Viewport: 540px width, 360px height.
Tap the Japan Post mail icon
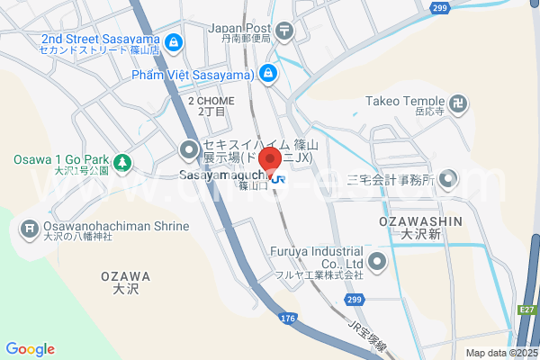(284, 31)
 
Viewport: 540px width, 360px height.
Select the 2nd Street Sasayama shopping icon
(174, 41)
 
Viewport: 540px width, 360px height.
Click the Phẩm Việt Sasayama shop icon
(267, 73)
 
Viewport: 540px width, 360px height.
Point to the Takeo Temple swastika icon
(459, 103)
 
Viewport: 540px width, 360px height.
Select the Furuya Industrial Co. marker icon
(377, 262)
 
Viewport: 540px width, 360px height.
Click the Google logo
(30, 348)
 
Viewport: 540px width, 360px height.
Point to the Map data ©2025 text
(499, 352)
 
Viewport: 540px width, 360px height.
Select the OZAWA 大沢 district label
(125, 283)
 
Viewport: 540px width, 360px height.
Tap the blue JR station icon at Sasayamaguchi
(279, 179)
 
